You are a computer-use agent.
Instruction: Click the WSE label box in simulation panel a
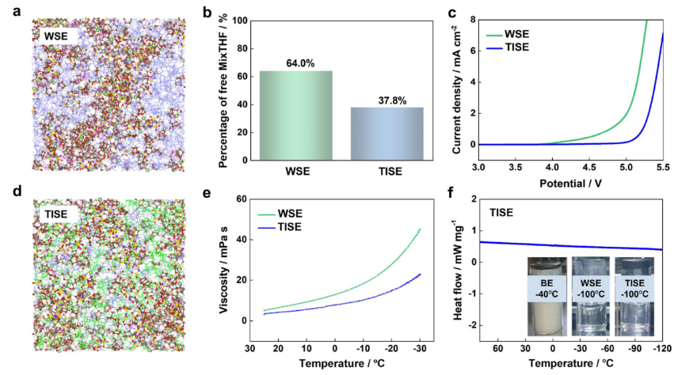55,35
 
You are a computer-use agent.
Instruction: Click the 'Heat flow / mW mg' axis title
458,268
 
